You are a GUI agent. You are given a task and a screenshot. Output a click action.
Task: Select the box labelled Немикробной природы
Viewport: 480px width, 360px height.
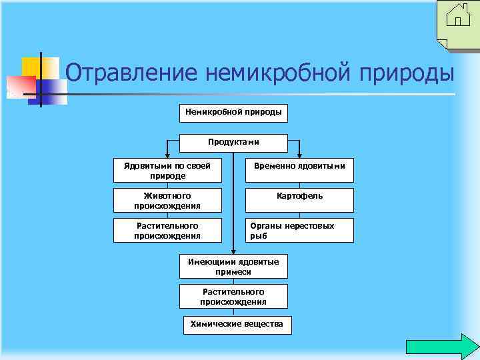click(x=233, y=113)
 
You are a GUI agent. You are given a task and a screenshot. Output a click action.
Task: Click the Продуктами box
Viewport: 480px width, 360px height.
click(x=233, y=142)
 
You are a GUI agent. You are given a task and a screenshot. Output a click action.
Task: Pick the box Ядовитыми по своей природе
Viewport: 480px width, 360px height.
click(x=167, y=171)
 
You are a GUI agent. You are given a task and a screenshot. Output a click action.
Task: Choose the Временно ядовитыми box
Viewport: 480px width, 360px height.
click(x=300, y=166)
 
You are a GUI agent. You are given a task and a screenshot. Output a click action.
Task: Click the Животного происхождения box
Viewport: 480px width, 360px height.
click(x=167, y=201)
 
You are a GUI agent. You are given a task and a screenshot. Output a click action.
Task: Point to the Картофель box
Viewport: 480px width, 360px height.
click(x=300, y=196)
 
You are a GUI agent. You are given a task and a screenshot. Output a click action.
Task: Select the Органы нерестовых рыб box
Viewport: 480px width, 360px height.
click(x=300, y=231)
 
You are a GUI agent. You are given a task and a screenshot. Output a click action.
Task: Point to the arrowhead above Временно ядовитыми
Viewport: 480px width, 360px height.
click(x=300, y=155)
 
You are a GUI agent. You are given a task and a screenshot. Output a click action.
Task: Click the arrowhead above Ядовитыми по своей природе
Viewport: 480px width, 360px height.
click(x=167, y=155)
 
